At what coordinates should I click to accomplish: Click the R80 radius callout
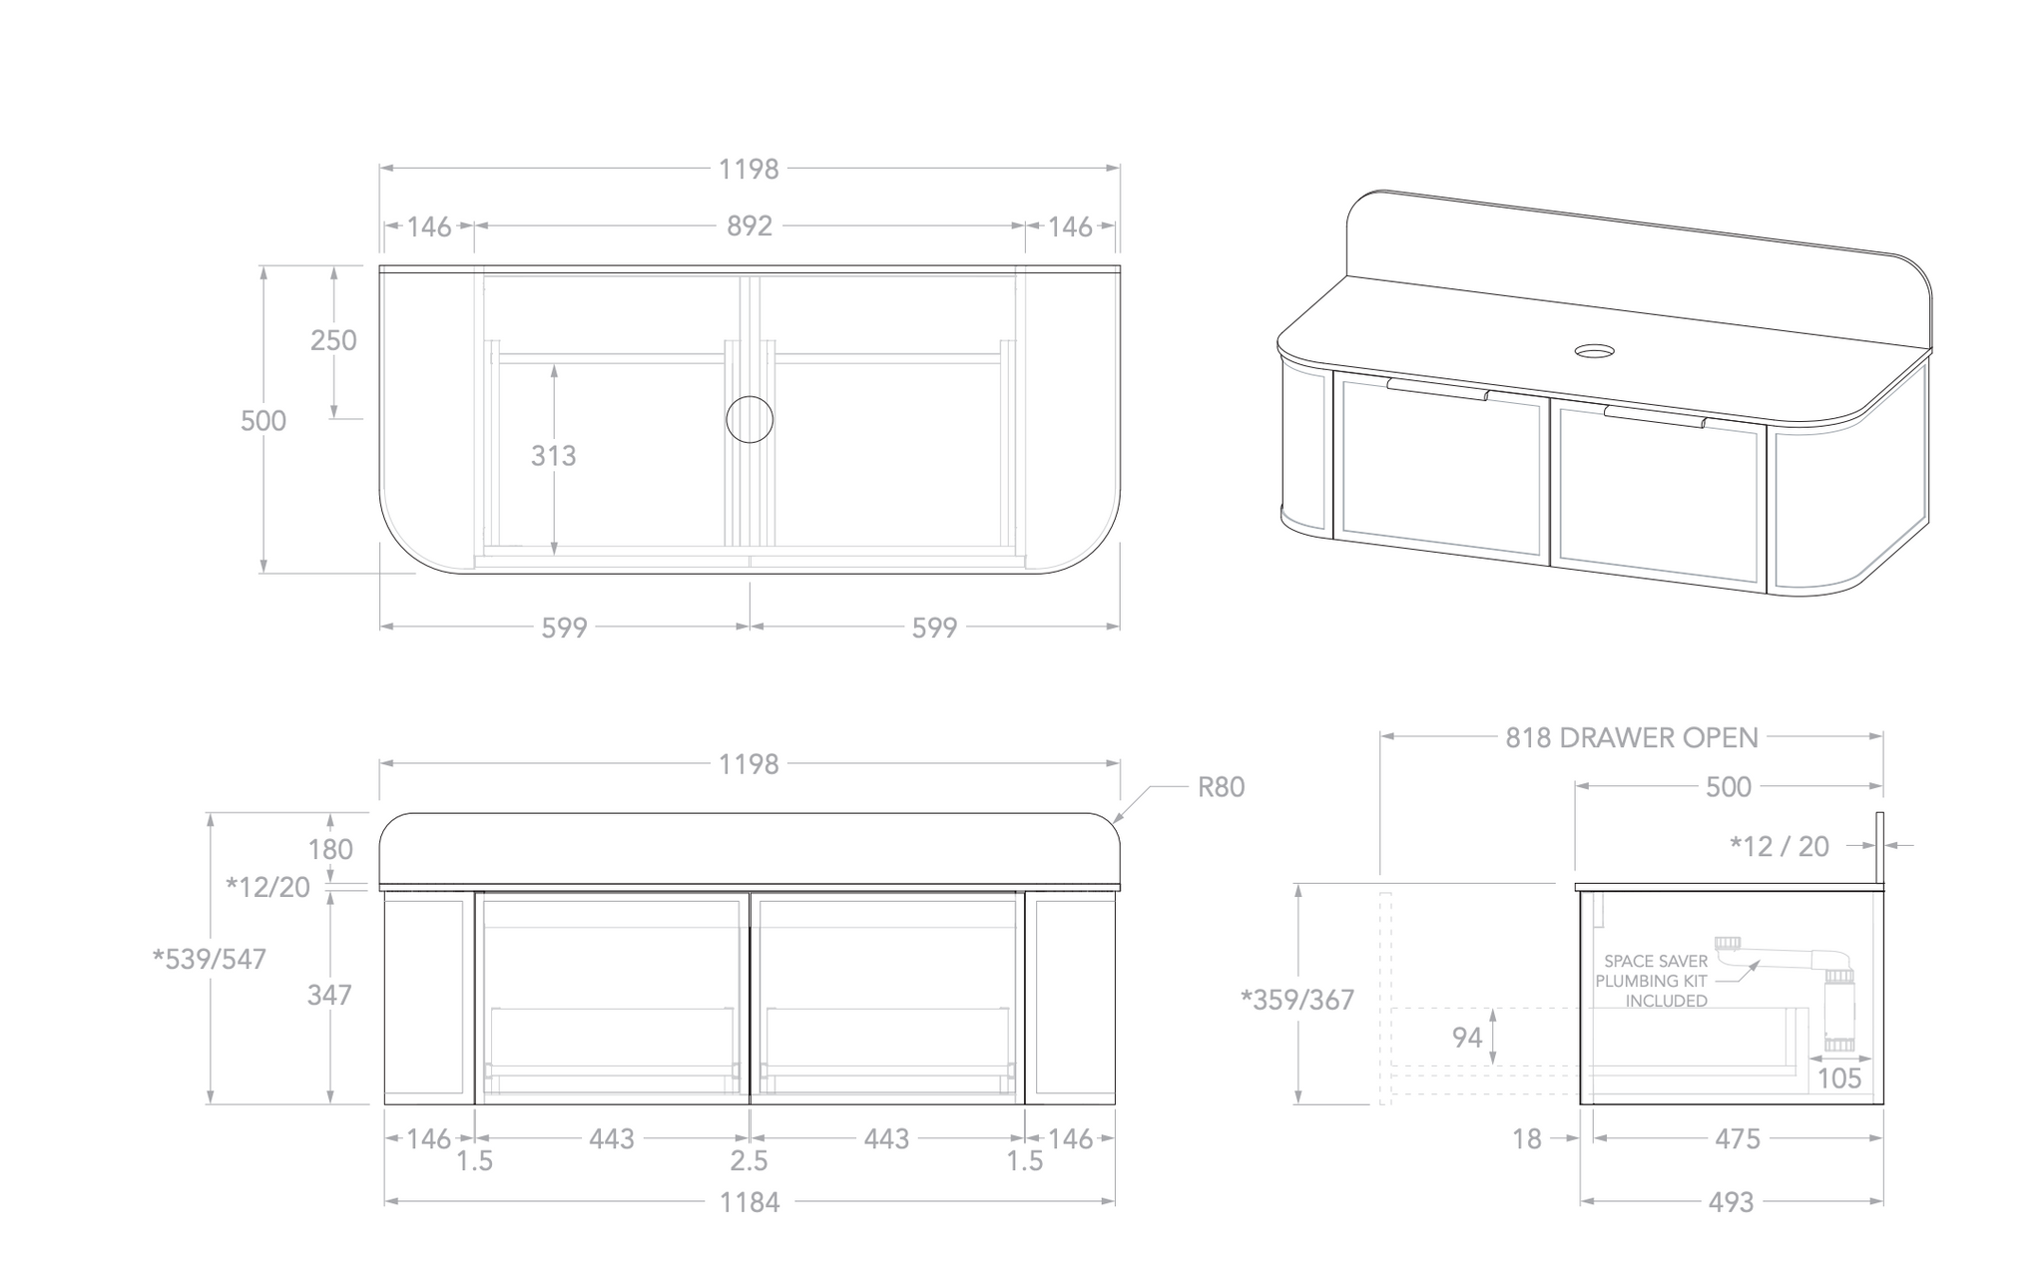(x=1220, y=787)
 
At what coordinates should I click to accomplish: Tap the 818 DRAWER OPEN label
(x=1631, y=737)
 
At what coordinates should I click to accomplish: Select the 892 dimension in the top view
(x=749, y=226)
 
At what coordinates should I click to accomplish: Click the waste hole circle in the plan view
(x=750, y=419)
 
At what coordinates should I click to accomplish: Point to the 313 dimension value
(x=553, y=456)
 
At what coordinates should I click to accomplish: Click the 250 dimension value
(x=332, y=340)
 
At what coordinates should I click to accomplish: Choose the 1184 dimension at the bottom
(x=749, y=1202)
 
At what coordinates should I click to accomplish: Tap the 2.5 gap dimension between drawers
(x=749, y=1161)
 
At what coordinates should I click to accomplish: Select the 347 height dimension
(x=328, y=995)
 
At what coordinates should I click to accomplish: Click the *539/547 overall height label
(x=210, y=959)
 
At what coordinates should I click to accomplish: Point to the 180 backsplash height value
(x=329, y=849)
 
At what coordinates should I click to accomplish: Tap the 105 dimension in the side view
(x=1838, y=1077)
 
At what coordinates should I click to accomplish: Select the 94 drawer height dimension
(x=1466, y=1038)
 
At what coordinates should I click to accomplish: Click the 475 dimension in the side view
(x=1737, y=1138)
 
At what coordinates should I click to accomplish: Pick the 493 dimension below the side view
(x=1730, y=1202)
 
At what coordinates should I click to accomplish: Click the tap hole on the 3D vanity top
(x=1594, y=350)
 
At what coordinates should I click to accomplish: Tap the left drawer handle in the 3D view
(x=1437, y=389)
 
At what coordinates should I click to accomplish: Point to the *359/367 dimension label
(x=1296, y=999)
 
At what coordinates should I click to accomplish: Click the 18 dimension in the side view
(x=1526, y=1138)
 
